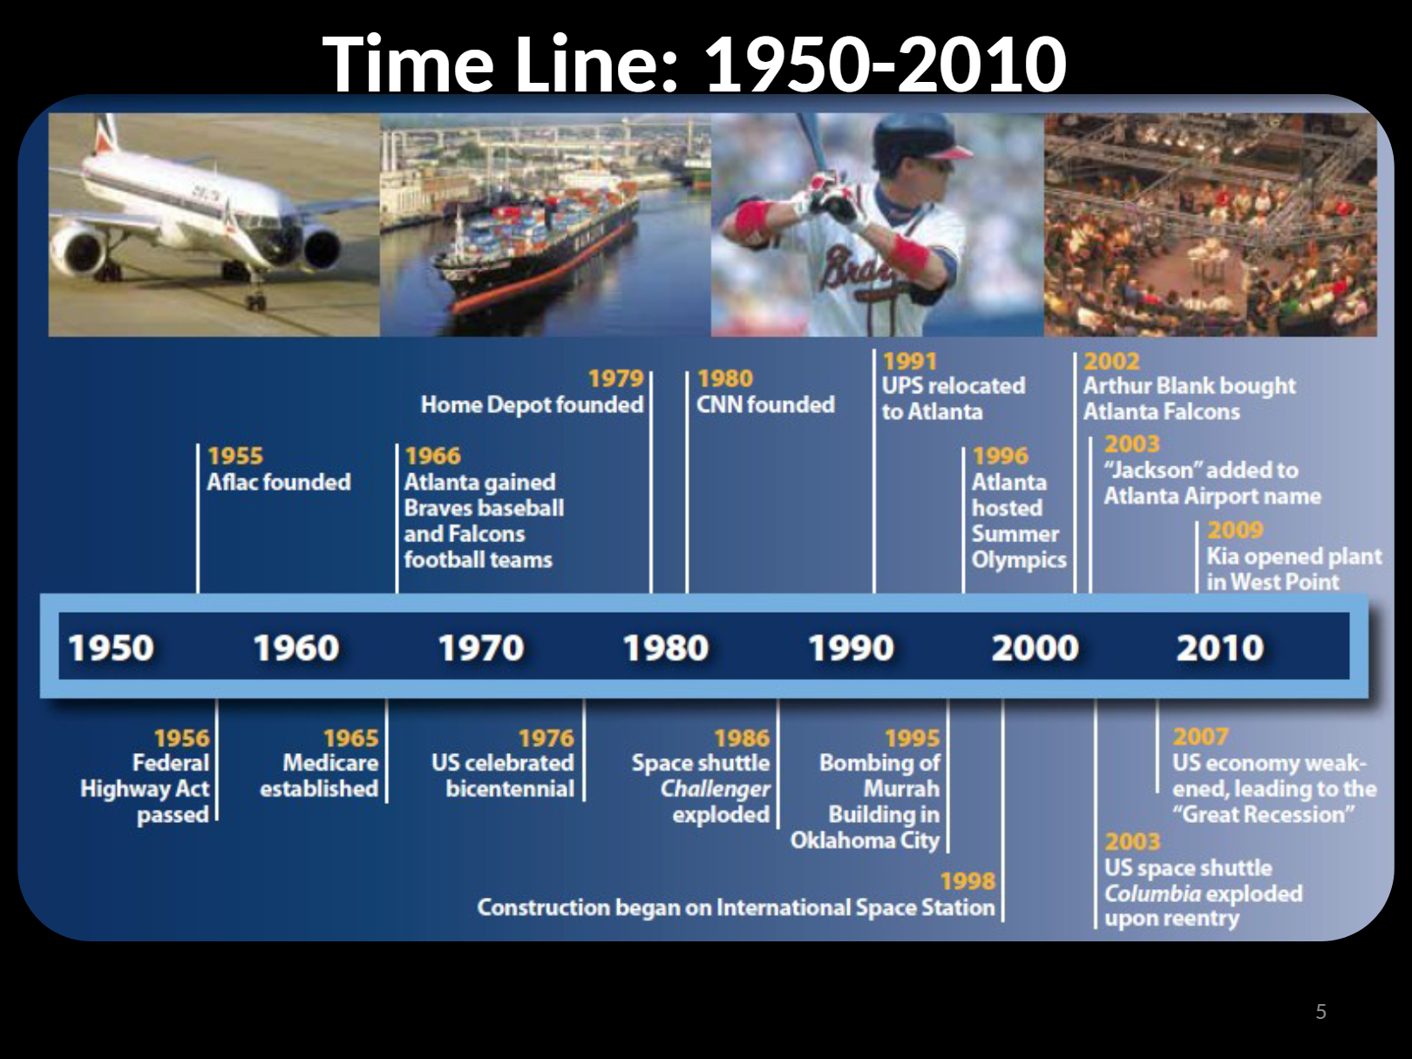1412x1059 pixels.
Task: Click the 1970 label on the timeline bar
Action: (481, 648)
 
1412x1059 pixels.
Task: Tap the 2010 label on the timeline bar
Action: (1219, 648)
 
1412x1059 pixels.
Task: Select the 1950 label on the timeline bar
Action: (112, 648)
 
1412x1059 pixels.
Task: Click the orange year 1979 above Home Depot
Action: (615, 378)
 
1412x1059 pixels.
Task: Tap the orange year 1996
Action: (1001, 456)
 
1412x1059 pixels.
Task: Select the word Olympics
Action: (1019, 560)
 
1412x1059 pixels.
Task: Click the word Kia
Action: (1222, 556)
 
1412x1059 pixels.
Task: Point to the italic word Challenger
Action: (716, 789)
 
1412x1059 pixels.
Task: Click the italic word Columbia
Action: (1153, 893)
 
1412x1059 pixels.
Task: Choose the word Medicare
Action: (330, 763)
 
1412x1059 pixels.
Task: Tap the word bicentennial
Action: (510, 788)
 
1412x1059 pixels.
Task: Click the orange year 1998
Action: (967, 881)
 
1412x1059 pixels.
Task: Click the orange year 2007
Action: (1200, 737)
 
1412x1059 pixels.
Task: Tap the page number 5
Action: (1320, 1011)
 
